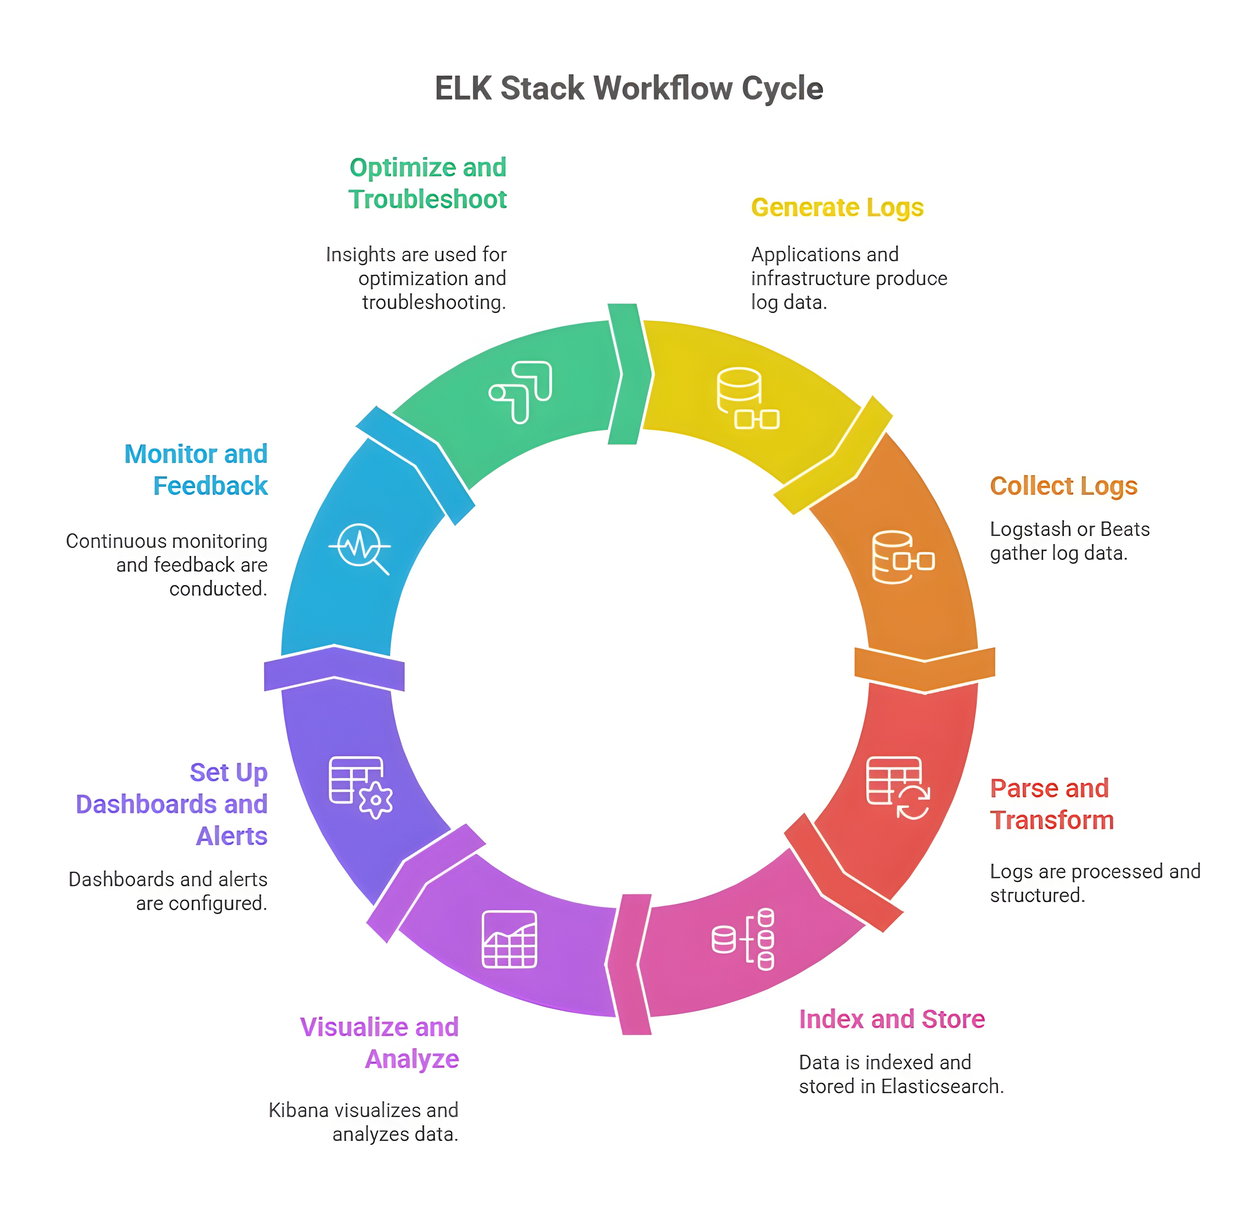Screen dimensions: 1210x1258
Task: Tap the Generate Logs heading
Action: coord(837,208)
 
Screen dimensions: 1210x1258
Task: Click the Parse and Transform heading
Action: coord(1051,804)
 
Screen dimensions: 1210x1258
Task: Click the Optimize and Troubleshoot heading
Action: coord(428,183)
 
